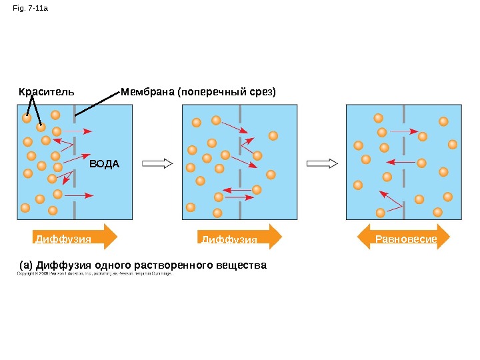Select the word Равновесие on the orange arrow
pyautogui.click(x=406, y=238)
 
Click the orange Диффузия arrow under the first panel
pyautogui.click(x=73, y=237)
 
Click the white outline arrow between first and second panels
pyautogui.click(x=158, y=163)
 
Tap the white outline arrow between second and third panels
pyautogui.click(x=321, y=163)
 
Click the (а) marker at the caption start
pyautogui.click(x=27, y=265)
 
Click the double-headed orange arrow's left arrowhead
pyautogui.click(x=364, y=237)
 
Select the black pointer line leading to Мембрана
pyautogui.click(x=97, y=103)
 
